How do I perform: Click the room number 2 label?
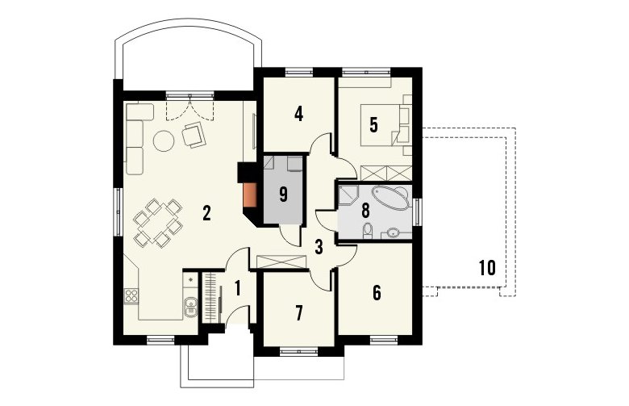click(206, 213)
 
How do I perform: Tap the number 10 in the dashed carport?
click(487, 268)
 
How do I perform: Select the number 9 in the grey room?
click(283, 195)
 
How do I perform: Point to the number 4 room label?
click(298, 114)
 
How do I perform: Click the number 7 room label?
click(298, 314)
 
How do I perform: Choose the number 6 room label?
click(377, 293)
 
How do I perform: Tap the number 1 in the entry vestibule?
click(237, 288)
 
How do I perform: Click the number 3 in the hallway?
click(319, 247)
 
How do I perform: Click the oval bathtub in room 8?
click(390, 197)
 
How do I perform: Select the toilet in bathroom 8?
click(367, 231)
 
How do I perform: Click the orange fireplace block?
click(250, 195)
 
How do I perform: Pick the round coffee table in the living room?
click(163, 140)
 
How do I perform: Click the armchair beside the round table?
click(194, 135)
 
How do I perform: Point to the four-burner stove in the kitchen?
click(131, 296)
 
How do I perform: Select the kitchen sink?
click(190, 306)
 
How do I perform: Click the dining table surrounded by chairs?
click(157, 223)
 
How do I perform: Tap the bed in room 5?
click(381, 125)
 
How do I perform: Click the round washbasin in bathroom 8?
click(394, 232)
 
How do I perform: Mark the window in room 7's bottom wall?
click(299, 351)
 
